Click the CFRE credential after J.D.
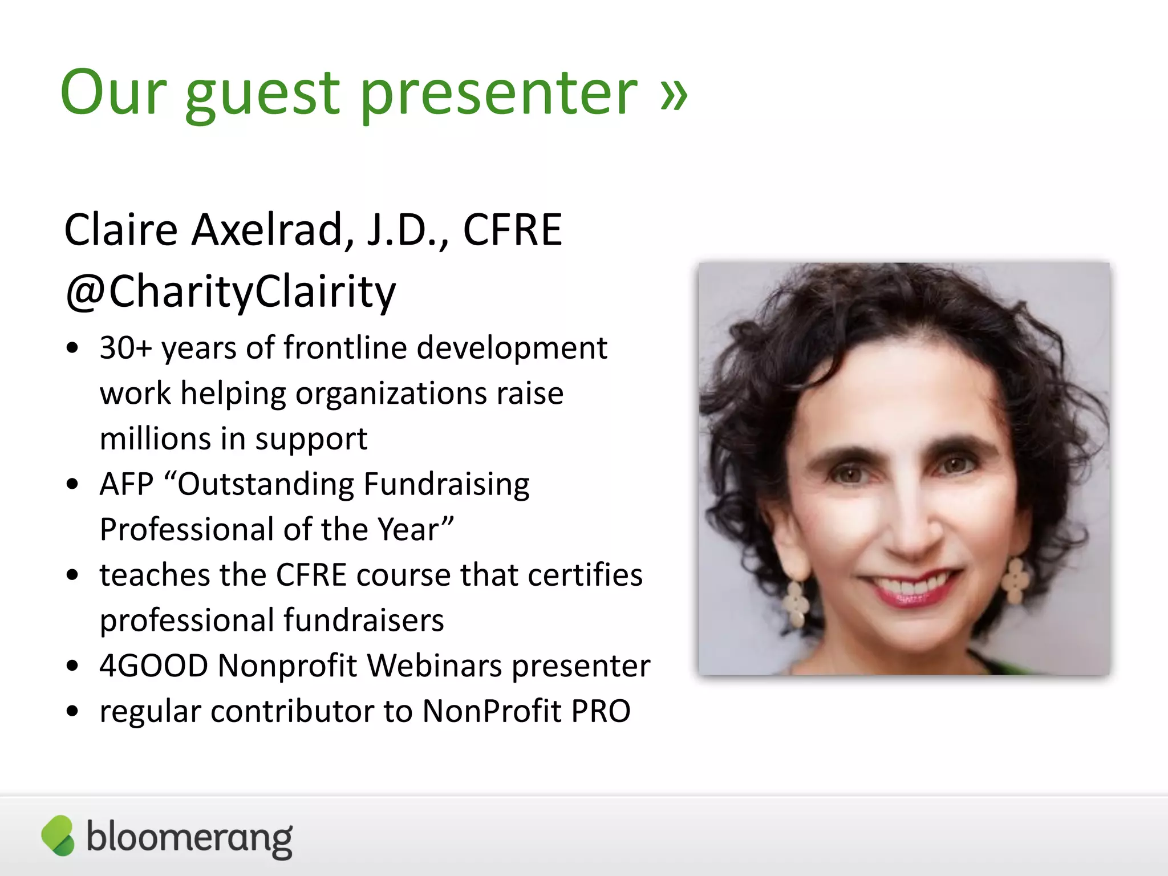point(512,230)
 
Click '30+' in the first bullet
point(125,348)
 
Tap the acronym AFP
point(126,484)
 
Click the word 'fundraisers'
point(363,620)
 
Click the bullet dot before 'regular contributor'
point(72,712)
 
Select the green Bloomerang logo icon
point(58,836)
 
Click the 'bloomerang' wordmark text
point(189,838)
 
